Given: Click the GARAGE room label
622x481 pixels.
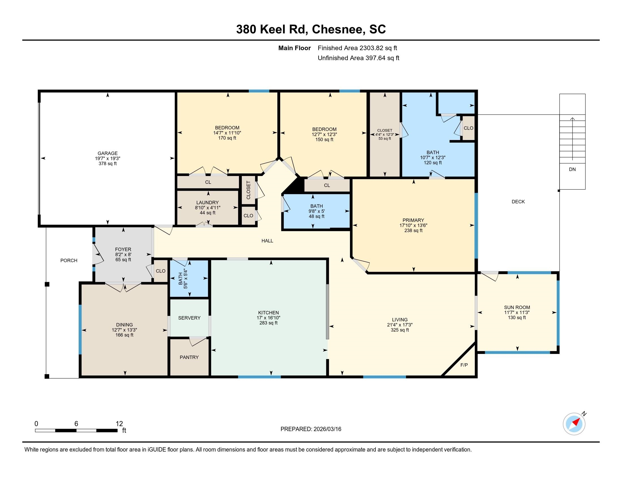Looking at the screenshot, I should [107, 153].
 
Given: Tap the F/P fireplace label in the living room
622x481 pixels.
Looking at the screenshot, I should [464, 365].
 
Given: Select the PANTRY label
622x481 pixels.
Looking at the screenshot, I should [189, 357].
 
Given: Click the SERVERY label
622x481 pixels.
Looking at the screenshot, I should [189, 318].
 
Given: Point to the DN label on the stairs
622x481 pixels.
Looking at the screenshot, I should [572, 169].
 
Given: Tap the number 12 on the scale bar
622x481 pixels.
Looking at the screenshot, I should [119, 424].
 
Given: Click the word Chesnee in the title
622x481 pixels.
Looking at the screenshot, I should [339, 29].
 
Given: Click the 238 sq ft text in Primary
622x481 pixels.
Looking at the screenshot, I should [413, 231].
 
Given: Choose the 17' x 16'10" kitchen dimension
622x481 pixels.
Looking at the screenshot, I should [268, 318].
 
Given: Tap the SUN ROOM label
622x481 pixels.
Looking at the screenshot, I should [517, 308].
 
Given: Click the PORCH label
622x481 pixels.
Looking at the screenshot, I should [69, 260].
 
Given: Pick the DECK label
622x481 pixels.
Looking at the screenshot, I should [518, 202].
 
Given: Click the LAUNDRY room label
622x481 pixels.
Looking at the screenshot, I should [207, 203].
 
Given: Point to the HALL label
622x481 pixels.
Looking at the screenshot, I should [267, 241].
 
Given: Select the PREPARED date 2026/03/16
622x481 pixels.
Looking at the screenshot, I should [327, 429].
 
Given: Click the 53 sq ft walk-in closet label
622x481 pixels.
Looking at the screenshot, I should [385, 139].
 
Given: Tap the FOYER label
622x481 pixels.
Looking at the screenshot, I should [123, 249].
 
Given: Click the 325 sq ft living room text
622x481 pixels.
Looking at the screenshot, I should [399, 330].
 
